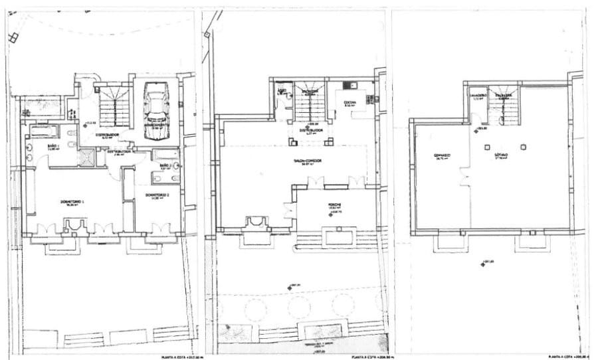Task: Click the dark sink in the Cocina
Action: click(x=352, y=86)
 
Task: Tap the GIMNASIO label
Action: click(x=443, y=156)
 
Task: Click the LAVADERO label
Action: click(x=481, y=95)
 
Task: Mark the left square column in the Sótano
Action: click(x=487, y=146)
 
